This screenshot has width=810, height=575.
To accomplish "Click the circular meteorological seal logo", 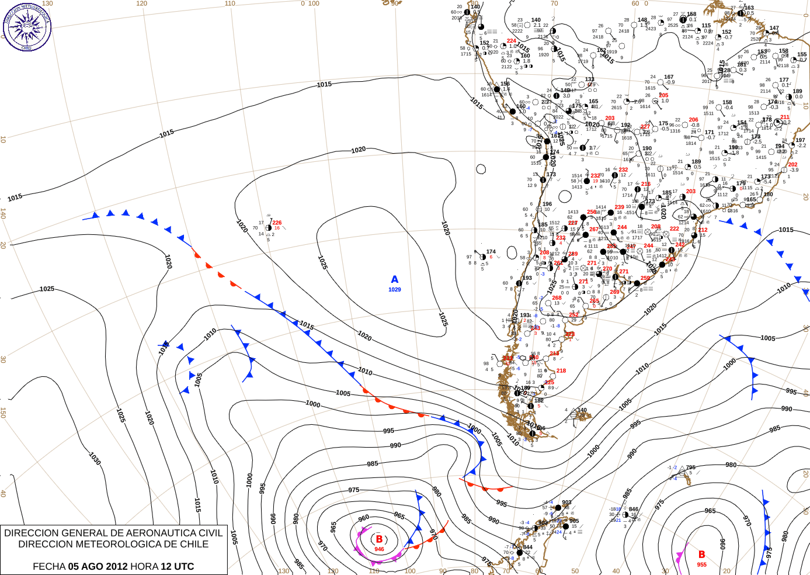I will [x=27, y=26].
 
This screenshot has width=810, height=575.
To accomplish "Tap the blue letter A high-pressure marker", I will [x=395, y=280].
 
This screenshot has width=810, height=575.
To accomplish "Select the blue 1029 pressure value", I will [x=395, y=290].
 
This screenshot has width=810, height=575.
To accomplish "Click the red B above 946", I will [x=379, y=539].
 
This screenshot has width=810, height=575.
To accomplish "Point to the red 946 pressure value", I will [x=379, y=549].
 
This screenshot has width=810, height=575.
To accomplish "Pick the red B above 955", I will [x=701, y=555].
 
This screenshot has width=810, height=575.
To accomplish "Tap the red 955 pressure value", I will [x=701, y=564].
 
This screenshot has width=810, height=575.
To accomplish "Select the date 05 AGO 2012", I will [x=98, y=566].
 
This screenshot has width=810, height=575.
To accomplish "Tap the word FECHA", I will [x=49, y=566].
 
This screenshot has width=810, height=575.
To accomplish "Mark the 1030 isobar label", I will [x=95, y=458].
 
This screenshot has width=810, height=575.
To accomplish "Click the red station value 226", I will [x=277, y=223].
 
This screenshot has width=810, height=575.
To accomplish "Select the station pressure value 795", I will [x=691, y=467].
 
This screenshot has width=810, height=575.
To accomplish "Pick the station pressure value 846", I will [x=634, y=509].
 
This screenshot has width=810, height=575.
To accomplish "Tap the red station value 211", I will [x=784, y=117].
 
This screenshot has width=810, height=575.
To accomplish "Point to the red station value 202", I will [x=792, y=164].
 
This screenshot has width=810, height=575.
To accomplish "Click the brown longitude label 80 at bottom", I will [x=474, y=571].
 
